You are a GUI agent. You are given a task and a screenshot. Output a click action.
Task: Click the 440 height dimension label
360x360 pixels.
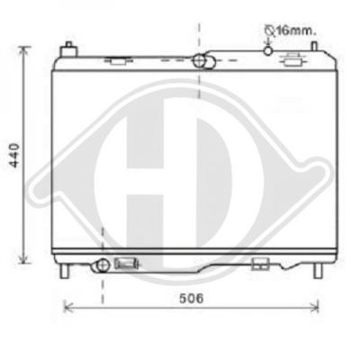pos(14,155)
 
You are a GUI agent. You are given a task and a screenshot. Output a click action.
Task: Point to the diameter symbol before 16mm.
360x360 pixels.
pos(270,31)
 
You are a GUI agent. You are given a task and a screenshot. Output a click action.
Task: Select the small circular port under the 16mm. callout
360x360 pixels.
pos(268,51)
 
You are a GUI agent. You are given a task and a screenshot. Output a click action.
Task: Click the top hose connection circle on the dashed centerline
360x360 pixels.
pos(199,60)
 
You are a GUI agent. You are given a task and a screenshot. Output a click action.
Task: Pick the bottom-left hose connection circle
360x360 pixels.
pos(103,265)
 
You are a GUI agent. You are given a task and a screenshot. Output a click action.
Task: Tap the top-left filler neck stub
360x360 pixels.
pos(68,49)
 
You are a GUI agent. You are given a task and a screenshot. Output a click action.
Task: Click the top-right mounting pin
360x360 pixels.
pos(314,46)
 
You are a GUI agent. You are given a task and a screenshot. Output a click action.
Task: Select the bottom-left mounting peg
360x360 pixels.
pos(64,271)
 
